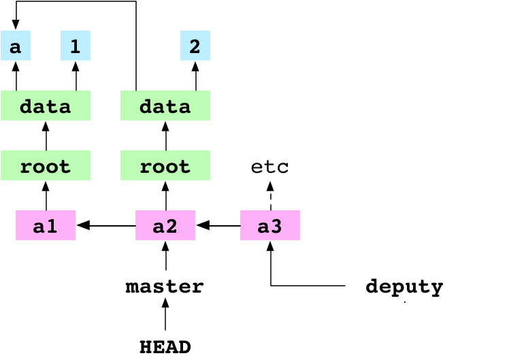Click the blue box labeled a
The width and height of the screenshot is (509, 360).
[x=15, y=46]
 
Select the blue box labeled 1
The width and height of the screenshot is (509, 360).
[x=76, y=46]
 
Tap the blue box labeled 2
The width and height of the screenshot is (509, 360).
[x=195, y=46]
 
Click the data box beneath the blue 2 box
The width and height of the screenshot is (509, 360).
[x=165, y=106]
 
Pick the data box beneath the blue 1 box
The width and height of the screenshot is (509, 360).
[x=46, y=106]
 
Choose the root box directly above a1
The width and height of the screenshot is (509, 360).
[x=46, y=166]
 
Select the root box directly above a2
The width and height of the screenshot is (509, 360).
[x=165, y=166]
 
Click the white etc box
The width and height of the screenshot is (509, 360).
[x=270, y=166]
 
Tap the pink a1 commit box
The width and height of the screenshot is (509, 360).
[x=46, y=226]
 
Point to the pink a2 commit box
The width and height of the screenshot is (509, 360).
[x=165, y=226]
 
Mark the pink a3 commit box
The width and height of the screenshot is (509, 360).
[x=270, y=226]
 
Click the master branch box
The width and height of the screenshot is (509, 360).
[x=165, y=285]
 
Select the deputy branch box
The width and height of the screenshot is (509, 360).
[x=405, y=285]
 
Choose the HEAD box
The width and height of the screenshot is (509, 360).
[x=165, y=345]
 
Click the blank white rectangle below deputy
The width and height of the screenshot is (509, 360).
[x=433, y=329]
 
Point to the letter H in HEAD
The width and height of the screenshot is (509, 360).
[x=145, y=346]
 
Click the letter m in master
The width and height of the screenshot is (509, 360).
[x=133, y=287]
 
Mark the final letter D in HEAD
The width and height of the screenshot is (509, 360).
[x=185, y=346]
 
